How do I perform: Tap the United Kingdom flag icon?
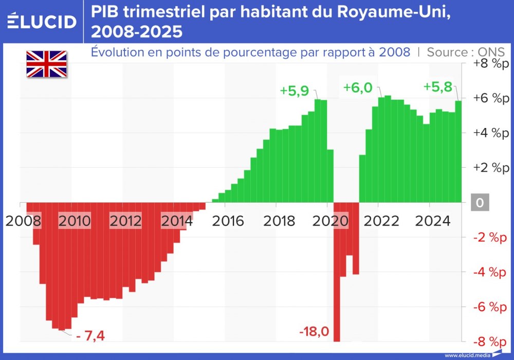(47, 64)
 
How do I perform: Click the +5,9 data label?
(294, 91)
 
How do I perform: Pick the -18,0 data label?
(314, 331)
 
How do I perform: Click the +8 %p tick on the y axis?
(486, 64)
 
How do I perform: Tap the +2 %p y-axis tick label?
(486, 168)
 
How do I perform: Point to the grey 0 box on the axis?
(480, 203)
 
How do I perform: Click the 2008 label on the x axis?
(21, 221)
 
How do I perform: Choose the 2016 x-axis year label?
(228, 221)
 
